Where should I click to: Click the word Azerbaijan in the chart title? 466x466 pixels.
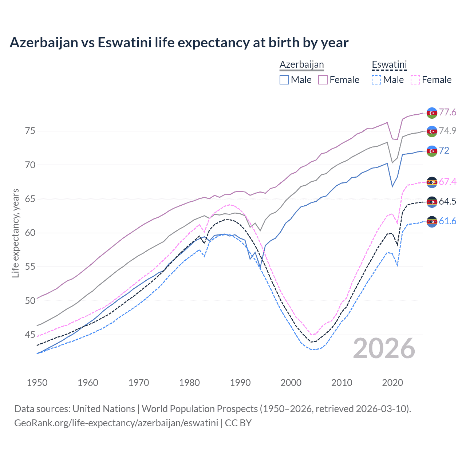44,43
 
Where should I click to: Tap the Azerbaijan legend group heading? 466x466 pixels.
301,64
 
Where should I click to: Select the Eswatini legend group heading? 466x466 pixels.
389,65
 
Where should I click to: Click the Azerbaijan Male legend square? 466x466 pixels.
284,80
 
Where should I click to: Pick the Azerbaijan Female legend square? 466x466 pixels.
323,80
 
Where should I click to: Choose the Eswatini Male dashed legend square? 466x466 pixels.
376,80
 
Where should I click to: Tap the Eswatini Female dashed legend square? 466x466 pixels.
415,80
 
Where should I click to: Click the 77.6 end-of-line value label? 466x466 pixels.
447,112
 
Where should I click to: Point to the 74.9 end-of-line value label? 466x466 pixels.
447,131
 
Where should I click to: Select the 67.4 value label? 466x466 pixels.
447,182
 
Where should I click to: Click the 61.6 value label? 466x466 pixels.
447,221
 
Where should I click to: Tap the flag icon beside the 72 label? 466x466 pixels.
432,151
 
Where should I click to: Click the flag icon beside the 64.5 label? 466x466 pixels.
432,202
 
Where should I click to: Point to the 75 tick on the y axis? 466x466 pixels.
30,131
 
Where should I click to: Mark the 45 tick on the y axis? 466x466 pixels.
30,335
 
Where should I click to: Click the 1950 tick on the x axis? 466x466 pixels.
37,383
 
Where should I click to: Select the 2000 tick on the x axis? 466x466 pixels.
291,383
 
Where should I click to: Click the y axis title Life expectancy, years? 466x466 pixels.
15,233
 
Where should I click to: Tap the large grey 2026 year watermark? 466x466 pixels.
384,348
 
